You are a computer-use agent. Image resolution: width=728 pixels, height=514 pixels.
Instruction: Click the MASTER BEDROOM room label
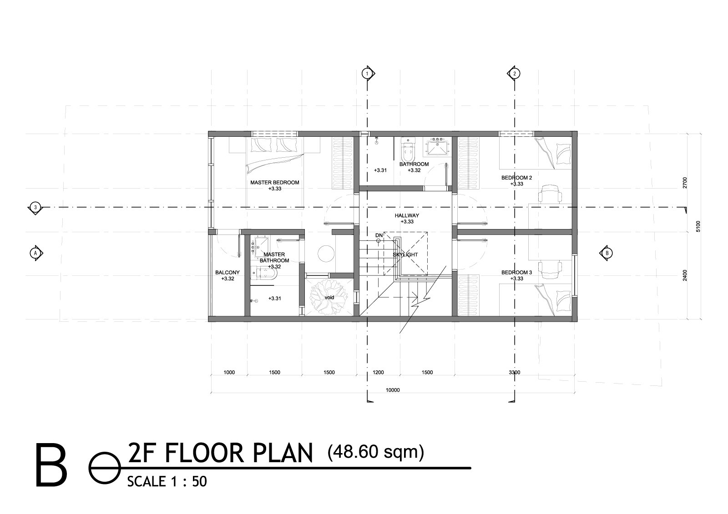point(275,183)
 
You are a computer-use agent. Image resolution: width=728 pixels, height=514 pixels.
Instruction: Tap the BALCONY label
point(227,273)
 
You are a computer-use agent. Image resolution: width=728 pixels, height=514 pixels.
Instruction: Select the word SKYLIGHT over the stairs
point(405,255)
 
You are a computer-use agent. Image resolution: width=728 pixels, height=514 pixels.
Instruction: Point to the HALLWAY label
point(407,215)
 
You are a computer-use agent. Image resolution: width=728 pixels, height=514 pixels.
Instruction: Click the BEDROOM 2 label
point(516,178)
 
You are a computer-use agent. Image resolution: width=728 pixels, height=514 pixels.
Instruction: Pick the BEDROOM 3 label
point(516,273)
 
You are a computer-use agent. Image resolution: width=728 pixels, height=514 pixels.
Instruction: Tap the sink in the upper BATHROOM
point(437,147)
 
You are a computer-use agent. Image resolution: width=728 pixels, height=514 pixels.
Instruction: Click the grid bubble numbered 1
point(366,73)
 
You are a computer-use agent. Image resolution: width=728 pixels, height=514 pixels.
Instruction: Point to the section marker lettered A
point(35,253)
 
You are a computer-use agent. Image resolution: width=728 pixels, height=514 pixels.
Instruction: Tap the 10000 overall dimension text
point(392,390)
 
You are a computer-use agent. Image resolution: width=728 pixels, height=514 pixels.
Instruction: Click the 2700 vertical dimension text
point(686,182)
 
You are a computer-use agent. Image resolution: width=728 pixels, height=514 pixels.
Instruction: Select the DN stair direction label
point(378,235)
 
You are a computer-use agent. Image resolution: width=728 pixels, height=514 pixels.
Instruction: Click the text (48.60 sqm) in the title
point(375,452)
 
